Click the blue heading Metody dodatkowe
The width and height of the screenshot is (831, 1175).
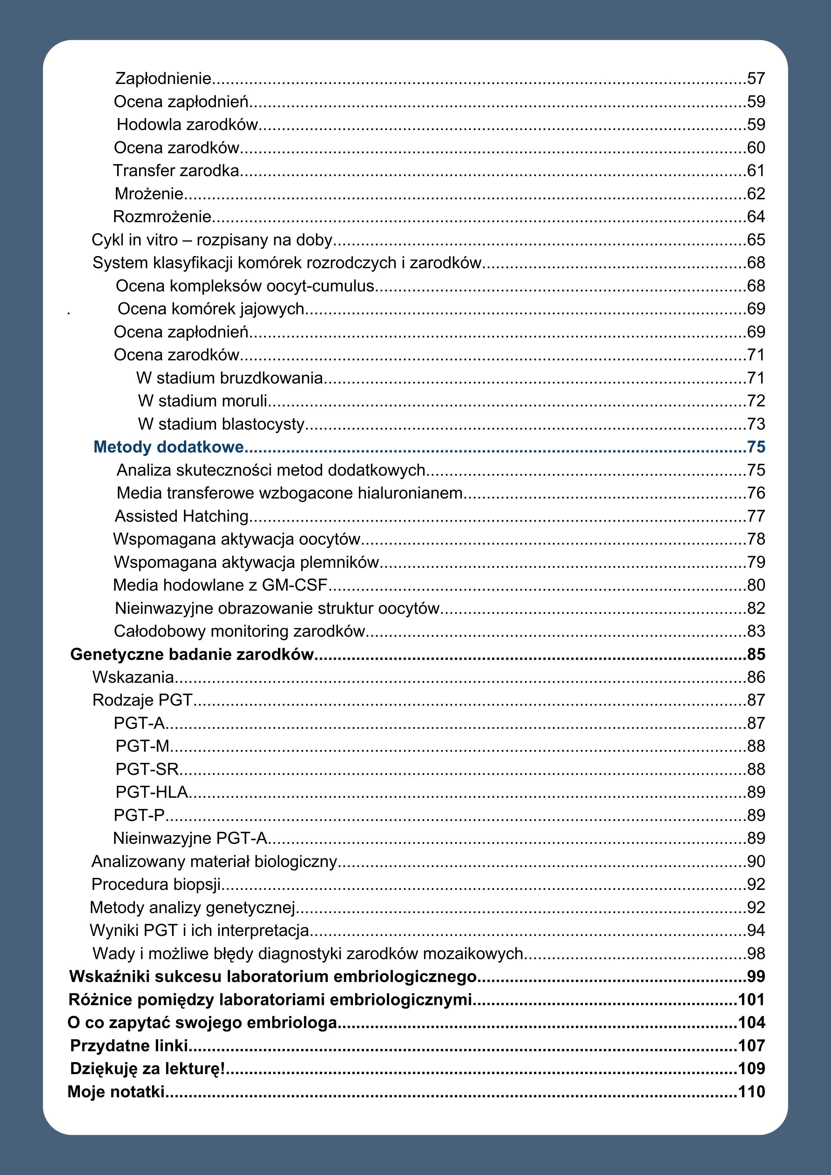pos(169,447)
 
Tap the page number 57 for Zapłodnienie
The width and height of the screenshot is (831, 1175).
pos(756,78)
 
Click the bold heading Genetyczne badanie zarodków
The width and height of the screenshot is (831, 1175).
pos(192,654)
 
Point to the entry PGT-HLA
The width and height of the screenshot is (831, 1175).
pos(151,792)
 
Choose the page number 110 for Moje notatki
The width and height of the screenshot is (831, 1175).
pos(751,1092)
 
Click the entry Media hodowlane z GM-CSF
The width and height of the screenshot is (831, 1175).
pos(220,585)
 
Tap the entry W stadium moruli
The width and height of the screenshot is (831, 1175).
pos(203,401)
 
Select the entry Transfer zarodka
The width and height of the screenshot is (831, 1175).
pos(176,170)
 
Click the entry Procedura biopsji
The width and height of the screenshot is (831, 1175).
pos(156,884)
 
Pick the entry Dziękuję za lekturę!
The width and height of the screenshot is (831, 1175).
pos(147,1068)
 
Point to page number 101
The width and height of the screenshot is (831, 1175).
pos(751,1000)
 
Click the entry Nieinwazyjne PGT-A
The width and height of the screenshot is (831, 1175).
pos(190,838)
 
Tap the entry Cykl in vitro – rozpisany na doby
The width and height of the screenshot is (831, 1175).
pos(212,239)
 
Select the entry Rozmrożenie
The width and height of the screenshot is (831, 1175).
pos(162,217)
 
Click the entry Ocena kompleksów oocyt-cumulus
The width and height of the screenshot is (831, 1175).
pos(245,285)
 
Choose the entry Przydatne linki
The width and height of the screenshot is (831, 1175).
pos(129,1046)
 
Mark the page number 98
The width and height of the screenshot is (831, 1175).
pos(756,953)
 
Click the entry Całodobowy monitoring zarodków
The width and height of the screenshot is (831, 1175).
pos(239,631)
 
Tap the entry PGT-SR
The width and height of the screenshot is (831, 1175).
pos(147,769)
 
